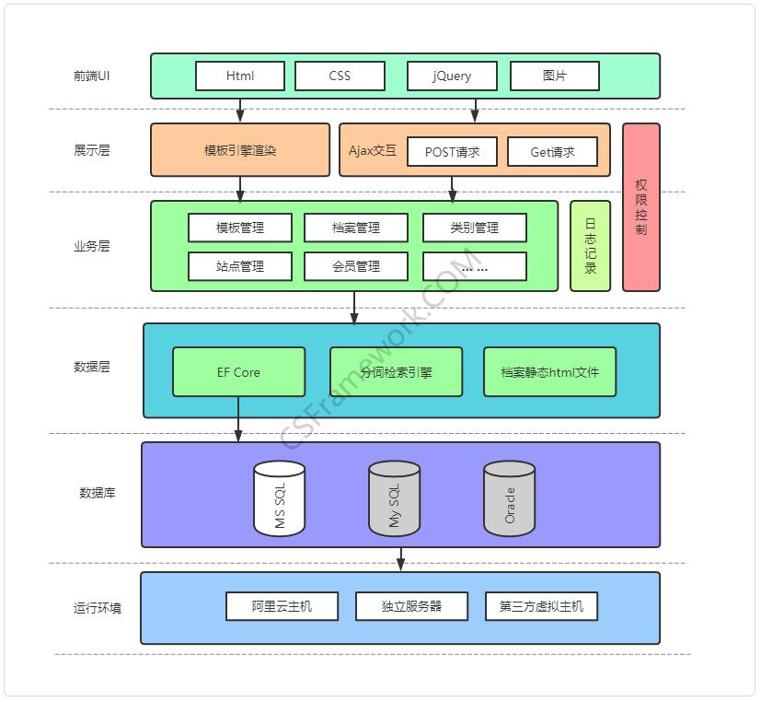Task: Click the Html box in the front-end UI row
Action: pyautogui.click(x=240, y=76)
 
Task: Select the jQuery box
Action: pyautogui.click(x=452, y=76)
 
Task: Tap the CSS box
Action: pyautogui.click(x=340, y=76)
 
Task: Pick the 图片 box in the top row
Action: pyautogui.click(x=554, y=76)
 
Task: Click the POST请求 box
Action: pyautogui.click(x=452, y=152)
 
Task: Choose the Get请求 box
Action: pyautogui.click(x=552, y=152)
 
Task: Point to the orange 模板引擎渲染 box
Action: pyautogui.click(x=240, y=149)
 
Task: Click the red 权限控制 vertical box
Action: pyautogui.click(x=641, y=207)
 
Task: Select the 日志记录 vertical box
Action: pyautogui.click(x=590, y=246)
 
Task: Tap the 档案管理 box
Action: pyautogui.click(x=355, y=228)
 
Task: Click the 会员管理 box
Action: pyautogui.click(x=355, y=266)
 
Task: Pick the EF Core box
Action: pyautogui.click(x=238, y=372)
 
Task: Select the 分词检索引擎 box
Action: pyautogui.click(x=396, y=372)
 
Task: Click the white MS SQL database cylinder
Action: pyautogui.click(x=280, y=498)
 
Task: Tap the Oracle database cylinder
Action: pyautogui.click(x=509, y=498)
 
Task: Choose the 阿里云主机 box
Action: pyautogui.click(x=282, y=606)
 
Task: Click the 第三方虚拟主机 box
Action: pyautogui.click(x=541, y=606)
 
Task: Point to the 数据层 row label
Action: pyautogui.click(x=92, y=367)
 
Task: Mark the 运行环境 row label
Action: pyautogui.click(x=98, y=608)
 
